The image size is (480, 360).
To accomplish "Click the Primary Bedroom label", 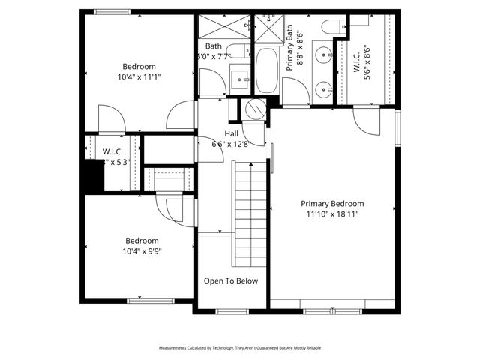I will click(332, 203).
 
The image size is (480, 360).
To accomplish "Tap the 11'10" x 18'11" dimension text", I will click(332, 214).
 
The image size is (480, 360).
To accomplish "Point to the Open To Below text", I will click(231, 281).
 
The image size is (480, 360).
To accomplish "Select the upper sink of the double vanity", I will click(323, 55).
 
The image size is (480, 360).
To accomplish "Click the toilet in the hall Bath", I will click(238, 51).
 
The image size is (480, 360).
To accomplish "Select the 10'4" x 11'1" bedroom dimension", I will click(139, 76).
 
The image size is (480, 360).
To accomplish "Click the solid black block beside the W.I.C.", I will click(93, 178).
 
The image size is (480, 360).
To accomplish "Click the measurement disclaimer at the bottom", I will click(240, 348).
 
